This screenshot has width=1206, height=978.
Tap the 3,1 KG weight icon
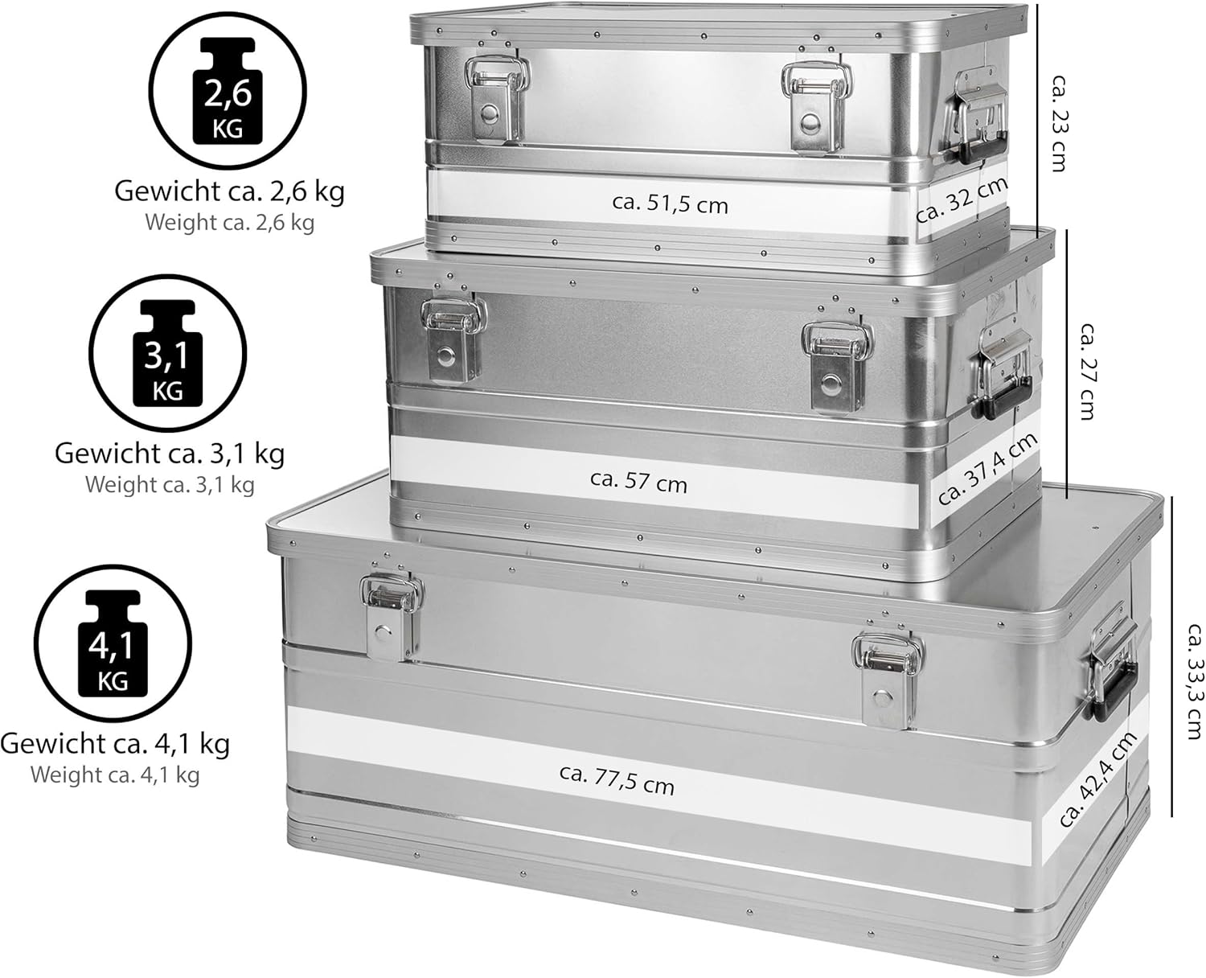(167, 354)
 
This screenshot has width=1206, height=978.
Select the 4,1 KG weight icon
(113, 643)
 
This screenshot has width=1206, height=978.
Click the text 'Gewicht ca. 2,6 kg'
(229, 191)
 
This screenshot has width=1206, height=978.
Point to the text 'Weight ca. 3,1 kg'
(170, 485)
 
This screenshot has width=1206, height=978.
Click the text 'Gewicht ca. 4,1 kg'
(115, 742)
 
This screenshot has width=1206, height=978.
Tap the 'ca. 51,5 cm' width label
(670, 203)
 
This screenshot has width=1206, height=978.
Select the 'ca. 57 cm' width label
(638, 481)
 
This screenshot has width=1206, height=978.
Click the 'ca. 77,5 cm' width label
(617, 780)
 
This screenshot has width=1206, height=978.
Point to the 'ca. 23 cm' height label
(1055, 122)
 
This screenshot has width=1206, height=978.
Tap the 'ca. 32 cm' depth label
(962, 199)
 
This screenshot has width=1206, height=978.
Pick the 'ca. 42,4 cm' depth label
(1097, 779)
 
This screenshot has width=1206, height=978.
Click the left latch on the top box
(497, 100)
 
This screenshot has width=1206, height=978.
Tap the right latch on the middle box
(837, 366)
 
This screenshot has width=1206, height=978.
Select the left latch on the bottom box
(391, 617)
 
